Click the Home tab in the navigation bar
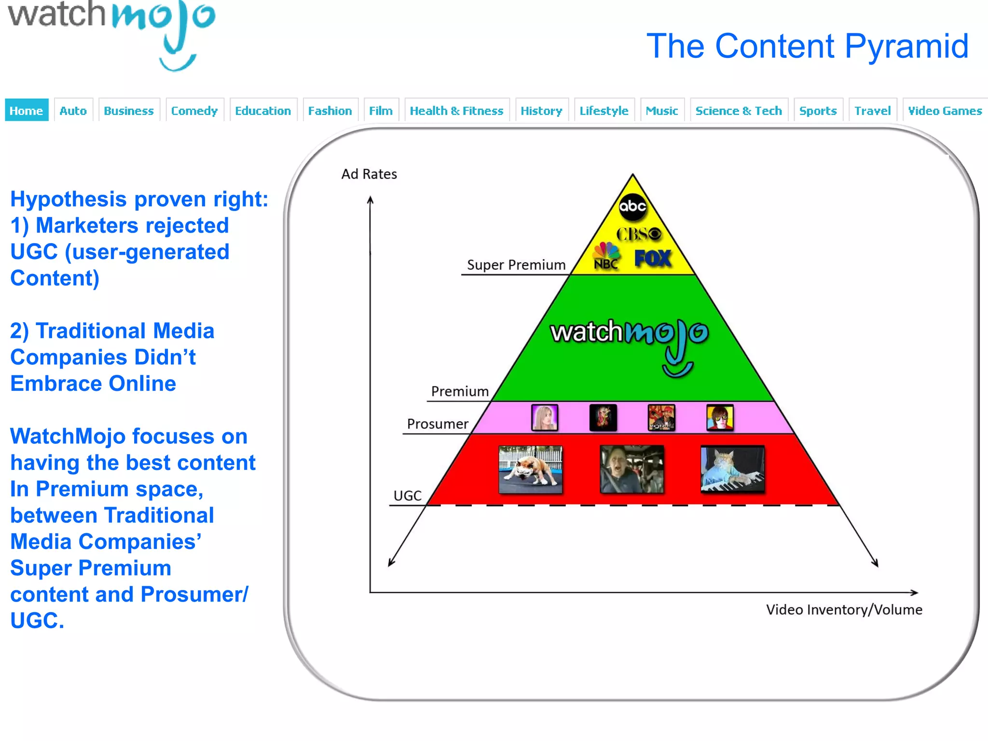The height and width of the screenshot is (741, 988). click(27, 110)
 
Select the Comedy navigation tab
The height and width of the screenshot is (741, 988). click(194, 110)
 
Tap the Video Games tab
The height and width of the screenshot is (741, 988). click(945, 110)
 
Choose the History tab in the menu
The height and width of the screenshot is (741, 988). click(541, 110)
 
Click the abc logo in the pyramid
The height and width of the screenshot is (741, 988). click(632, 206)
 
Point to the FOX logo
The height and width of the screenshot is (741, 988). click(653, 259)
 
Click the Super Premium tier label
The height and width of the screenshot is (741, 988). click(516, 265)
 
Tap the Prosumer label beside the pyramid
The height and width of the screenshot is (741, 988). click(438, 424)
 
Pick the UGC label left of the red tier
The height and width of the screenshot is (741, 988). click(407, 495)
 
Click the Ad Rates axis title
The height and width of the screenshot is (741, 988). click(369, 174)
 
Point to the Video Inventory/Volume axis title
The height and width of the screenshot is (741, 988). click(844, 610)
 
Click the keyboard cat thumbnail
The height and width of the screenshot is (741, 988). click(732, 469)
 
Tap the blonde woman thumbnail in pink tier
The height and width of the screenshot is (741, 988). click(545, 417)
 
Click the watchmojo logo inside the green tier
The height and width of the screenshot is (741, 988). click(629, 340)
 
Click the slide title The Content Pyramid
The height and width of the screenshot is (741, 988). click(807, 46)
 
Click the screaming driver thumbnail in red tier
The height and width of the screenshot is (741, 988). click(631, 469)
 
